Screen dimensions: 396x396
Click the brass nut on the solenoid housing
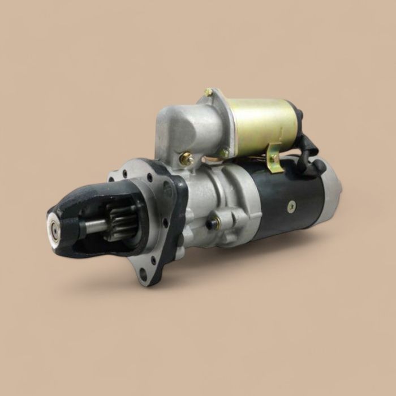click(x=186, y=160)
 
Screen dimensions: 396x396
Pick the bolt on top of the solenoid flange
click(x=209, y=92)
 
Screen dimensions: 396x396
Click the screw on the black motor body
click(x=291, y=208)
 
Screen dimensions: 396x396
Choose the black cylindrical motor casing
click(x=283, y=198)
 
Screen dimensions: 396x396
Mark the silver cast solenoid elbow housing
click(x=181, y=130)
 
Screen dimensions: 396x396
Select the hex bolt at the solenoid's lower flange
click(x=225, y=153)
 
